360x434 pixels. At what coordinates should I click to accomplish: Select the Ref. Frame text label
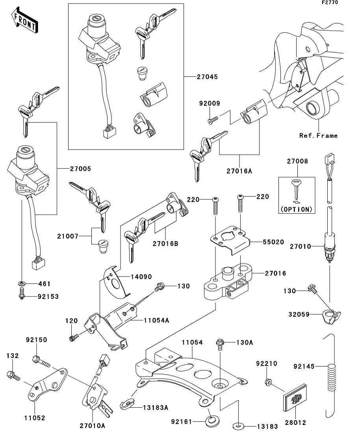[318, 136]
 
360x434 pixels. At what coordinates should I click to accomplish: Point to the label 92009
[209, 104]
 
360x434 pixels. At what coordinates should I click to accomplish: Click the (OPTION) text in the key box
[297, 209]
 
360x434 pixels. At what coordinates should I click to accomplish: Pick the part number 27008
[297, 161]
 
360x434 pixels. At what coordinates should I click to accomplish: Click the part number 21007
[68, 236]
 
